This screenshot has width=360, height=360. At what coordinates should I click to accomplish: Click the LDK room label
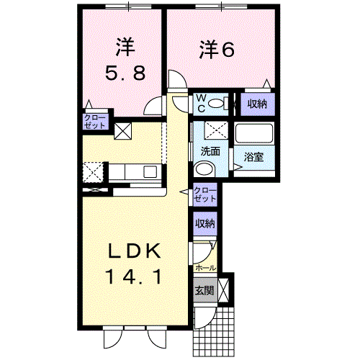(x=135, y=251)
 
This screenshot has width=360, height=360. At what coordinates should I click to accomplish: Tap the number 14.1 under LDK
(x=134, y=276)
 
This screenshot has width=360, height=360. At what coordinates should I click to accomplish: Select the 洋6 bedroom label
(x=217, y=50)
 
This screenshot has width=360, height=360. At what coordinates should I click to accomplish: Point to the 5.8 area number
(x=125, y=73)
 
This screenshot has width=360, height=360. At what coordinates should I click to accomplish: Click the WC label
(x=201, y=104)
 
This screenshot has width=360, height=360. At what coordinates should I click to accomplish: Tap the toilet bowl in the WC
(x=216, y=104)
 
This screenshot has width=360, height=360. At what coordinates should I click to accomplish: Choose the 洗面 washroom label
(x=210, y=151)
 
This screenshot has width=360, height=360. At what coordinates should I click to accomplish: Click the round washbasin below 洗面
(x=204, y=168)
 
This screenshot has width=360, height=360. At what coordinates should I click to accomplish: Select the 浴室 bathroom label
(x=253, y=157)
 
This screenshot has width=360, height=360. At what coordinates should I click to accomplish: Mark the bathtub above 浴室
(x=254, y=133)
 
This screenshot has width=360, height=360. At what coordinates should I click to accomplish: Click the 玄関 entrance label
(x=204, y=290)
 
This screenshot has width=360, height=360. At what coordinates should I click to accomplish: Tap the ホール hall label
(x=205, y=268)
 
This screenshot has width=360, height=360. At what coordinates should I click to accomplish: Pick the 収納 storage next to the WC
(x=257, y=104)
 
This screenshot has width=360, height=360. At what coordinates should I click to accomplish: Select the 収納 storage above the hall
(x=204, y=223)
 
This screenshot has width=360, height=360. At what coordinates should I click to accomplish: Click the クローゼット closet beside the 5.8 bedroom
(x=94, y=122)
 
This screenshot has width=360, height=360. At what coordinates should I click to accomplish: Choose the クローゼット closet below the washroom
(x=204, y=194)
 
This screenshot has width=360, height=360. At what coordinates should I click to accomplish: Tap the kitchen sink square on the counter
(x=150, y=171)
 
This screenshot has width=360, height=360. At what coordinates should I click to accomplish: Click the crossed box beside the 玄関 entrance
(x=223, y=290)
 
